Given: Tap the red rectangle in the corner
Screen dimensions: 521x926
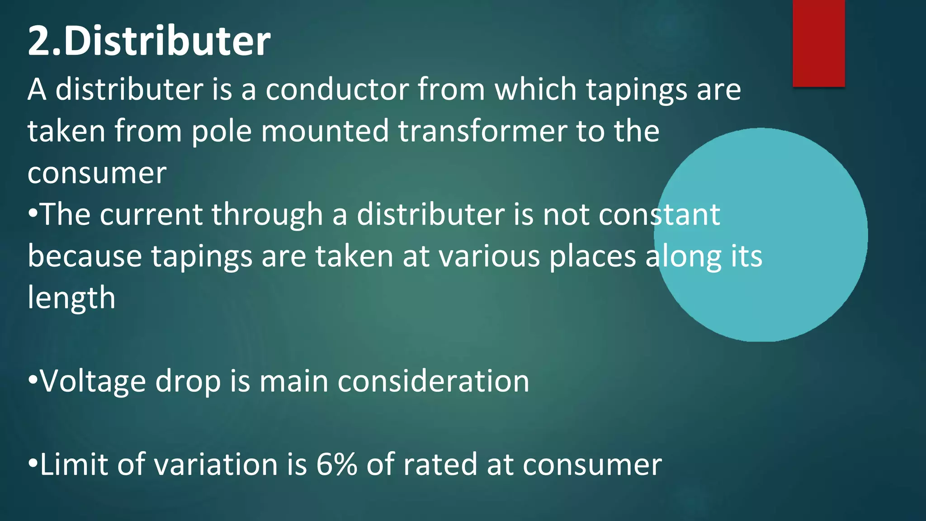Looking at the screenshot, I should pos(818,43).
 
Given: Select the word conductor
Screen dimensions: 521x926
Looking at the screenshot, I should pos(337,90).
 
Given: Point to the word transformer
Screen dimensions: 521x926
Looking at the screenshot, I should pos(482,131).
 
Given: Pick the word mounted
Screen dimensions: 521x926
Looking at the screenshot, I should pos(325,131).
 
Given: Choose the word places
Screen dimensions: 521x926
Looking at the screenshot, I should pos(593,257).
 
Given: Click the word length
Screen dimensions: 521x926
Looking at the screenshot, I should pos(71,298).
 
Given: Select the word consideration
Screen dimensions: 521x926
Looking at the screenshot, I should pos(433,381).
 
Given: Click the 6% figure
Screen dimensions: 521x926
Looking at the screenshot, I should pos(336,464).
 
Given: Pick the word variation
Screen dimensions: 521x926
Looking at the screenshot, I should pos(210,464).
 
